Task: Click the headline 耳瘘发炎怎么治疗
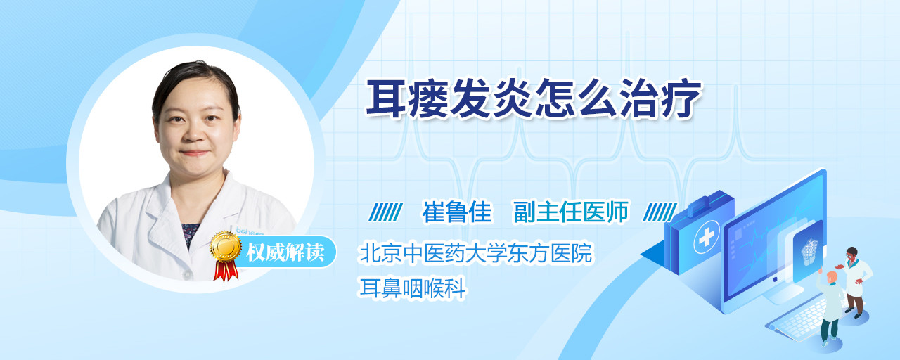click(x=534, y=98)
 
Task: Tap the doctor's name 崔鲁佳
click(x=457, y=212)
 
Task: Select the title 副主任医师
click(x=570, y=212)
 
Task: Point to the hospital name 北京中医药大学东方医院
click(x=476, y=252)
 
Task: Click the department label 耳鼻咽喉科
click(x=412, y=288)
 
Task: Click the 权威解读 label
click(x=285, y=252)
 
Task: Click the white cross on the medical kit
click(x=706, y=238)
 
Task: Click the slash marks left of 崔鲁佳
click(x=385, y=212)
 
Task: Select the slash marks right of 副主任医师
click(x=660, y=212)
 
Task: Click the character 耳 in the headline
click(x=386, y=98)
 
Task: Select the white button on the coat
click(x=187, y=274)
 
